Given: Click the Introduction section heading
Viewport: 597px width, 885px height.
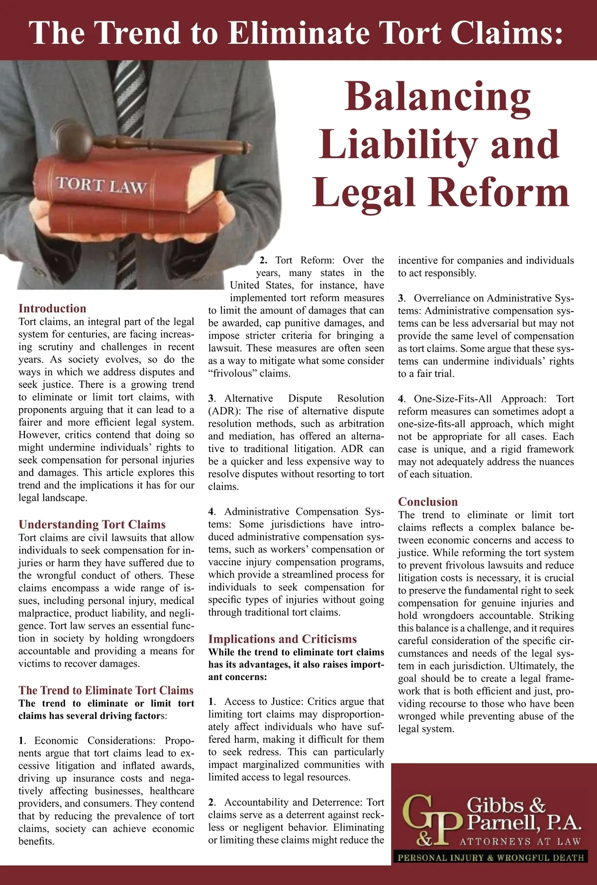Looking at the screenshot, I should [52, 308].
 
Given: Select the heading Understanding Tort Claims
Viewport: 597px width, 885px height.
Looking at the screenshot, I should [92, 524].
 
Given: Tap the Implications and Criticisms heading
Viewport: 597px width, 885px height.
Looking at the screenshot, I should [283, 639].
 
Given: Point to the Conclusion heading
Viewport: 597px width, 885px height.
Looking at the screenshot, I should [428, 501].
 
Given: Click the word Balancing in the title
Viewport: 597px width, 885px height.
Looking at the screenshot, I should [438, 96].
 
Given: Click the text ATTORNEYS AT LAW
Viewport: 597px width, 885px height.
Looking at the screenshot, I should [520, 842].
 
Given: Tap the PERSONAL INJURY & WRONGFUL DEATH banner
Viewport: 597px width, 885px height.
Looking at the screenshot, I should [491, 858].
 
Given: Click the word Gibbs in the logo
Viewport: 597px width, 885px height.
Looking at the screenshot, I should [496, 805].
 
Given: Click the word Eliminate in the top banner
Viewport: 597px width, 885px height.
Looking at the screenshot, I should [298, 33].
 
